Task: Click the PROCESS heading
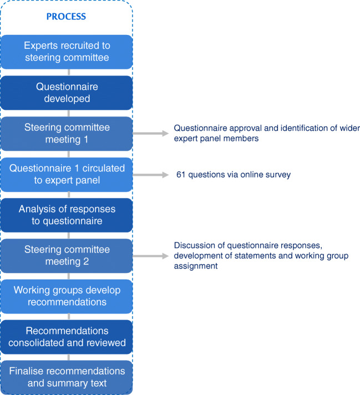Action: (66, 17)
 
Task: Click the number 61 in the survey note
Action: (181, 175)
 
